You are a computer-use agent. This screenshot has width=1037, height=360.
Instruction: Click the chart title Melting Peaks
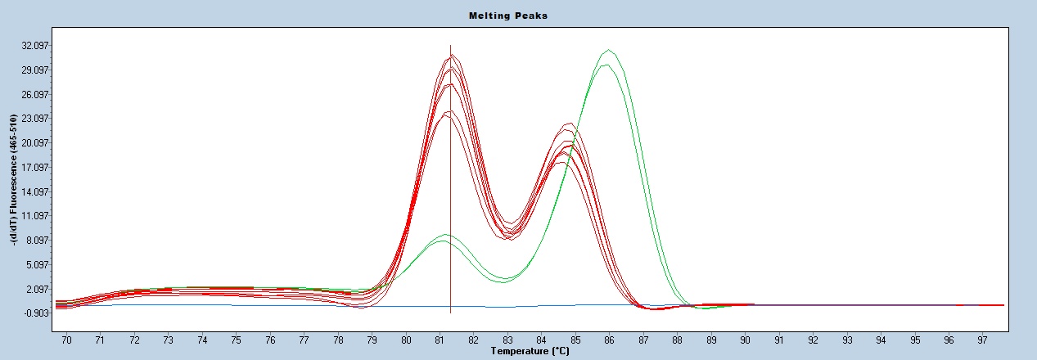click(x=507, y=16)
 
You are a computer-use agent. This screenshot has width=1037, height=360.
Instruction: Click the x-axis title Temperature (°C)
click(x=530, y=351)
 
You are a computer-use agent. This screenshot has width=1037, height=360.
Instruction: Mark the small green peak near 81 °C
click(x=444, y=235)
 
